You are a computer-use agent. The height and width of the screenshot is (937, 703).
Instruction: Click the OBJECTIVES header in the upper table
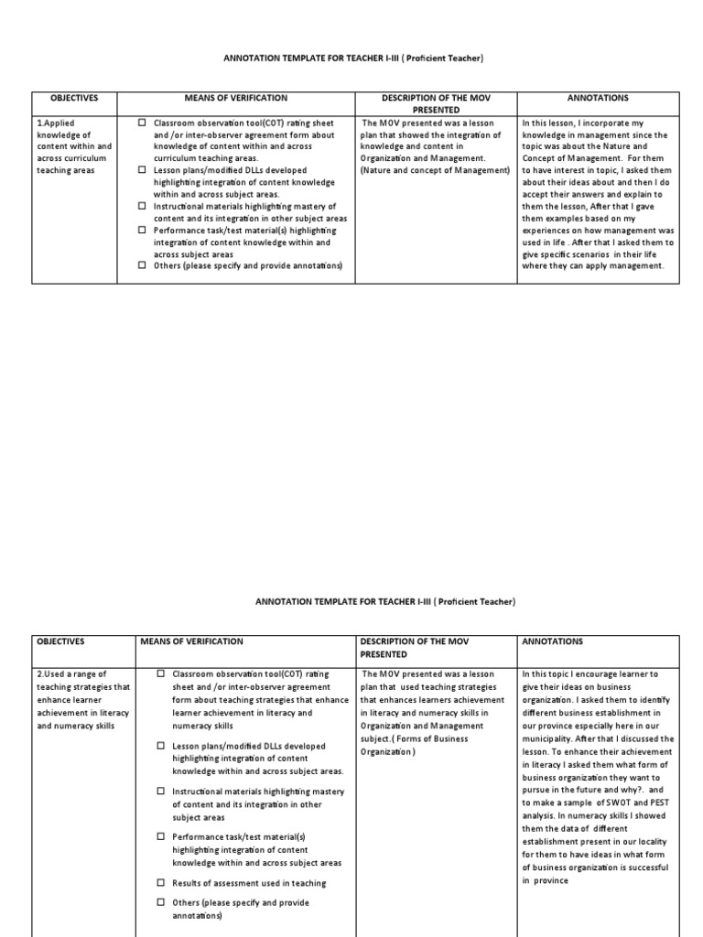tap(74, 98)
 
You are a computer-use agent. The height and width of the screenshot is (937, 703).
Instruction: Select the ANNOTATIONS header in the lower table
tap(552, 642)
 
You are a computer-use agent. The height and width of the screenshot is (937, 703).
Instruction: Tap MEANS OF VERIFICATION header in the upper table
tap(236, 98)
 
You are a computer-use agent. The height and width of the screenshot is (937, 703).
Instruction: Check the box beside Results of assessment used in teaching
tap(160, 883)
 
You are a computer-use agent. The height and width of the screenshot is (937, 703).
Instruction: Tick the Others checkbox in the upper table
tap(142, 265)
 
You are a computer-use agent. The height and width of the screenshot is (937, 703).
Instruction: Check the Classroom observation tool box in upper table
tap(142, 123)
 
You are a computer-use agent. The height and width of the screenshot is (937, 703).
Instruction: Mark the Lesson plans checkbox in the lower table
tap(160, 746)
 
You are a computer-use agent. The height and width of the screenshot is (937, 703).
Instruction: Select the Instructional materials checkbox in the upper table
tap(142, 206)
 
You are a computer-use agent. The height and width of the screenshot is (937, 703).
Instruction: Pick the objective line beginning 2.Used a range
tap(71, 674)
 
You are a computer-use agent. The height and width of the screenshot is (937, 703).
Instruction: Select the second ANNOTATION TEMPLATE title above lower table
tap(384, 602)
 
